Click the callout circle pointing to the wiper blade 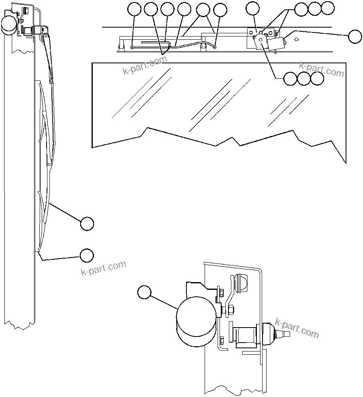coord(87,224)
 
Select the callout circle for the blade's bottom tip coord(86,255)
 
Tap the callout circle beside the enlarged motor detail coord(144,292)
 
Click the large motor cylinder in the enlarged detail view coord(196,321)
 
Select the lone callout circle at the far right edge coord(354,37)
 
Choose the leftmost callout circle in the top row coord(134,9)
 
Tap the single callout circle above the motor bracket coord(253,9)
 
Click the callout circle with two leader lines coord(203,10)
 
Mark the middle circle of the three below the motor coord(303,79)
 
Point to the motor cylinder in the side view coord(9,25)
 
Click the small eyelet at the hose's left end coord(133,47)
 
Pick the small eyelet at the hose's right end coord(214,47)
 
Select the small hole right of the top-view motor coord(297,39)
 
